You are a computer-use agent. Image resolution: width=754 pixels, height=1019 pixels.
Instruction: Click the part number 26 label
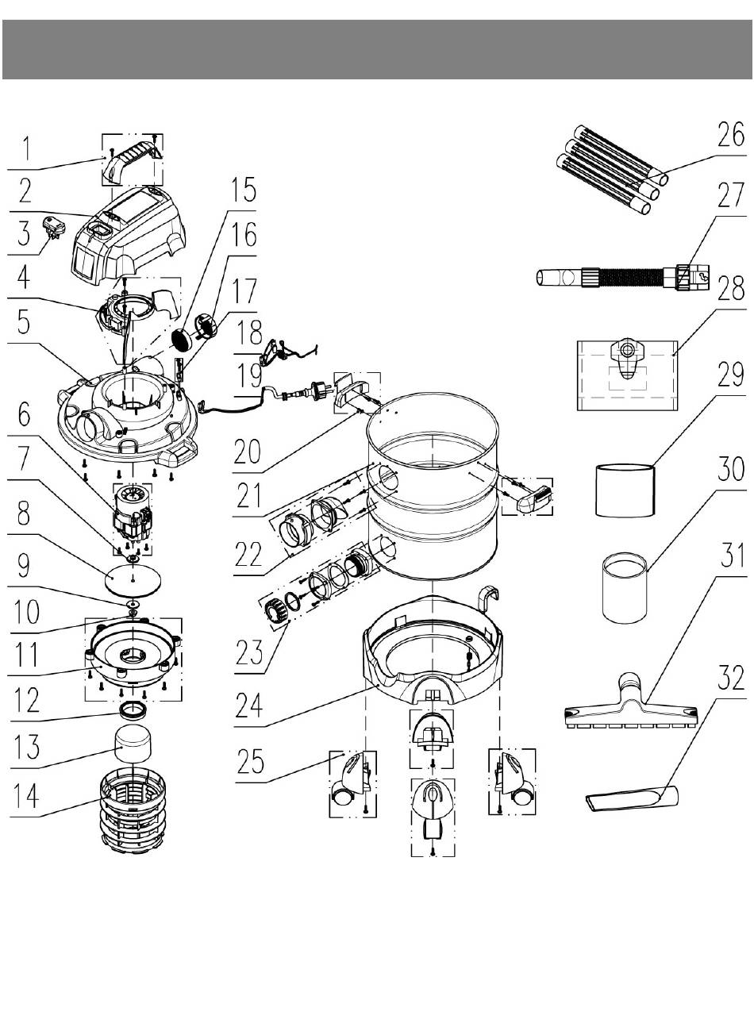pos(730,135)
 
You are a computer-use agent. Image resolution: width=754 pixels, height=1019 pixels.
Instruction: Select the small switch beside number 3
pos(52,226)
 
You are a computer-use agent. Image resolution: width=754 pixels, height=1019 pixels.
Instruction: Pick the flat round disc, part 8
pos(133,578)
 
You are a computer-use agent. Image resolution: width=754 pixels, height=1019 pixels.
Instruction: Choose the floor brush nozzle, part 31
pos(630,702)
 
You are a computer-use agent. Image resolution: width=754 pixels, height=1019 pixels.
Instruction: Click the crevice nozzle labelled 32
pos(631,798)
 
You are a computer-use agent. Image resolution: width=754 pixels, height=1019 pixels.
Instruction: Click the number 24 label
pos(248,706)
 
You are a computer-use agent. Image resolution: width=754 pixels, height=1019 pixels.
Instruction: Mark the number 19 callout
pos(248,375)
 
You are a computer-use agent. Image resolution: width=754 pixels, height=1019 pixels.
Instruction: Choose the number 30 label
pos(730,469)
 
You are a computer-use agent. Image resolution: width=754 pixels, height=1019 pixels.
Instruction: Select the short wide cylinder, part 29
pos(625,490)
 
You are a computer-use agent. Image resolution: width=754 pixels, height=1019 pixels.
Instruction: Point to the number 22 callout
pos(248,555)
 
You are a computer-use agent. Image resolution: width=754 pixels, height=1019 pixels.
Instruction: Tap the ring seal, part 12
pos(133,712)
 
